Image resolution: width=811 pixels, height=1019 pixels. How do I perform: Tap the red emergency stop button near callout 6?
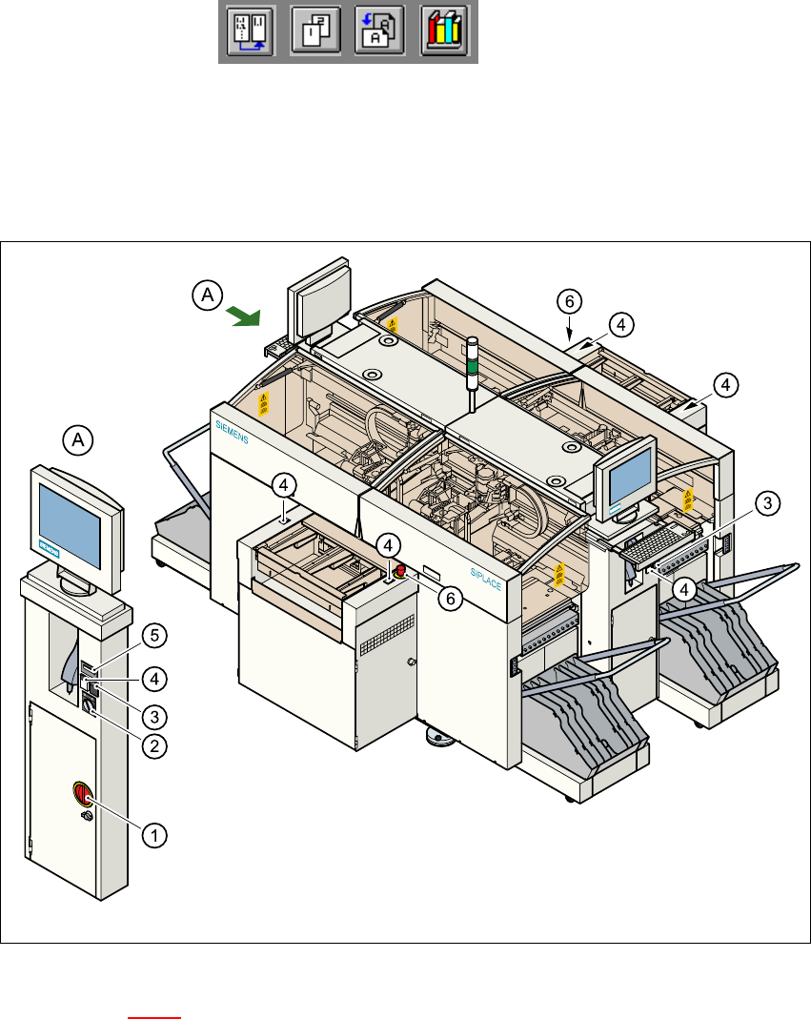401,570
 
